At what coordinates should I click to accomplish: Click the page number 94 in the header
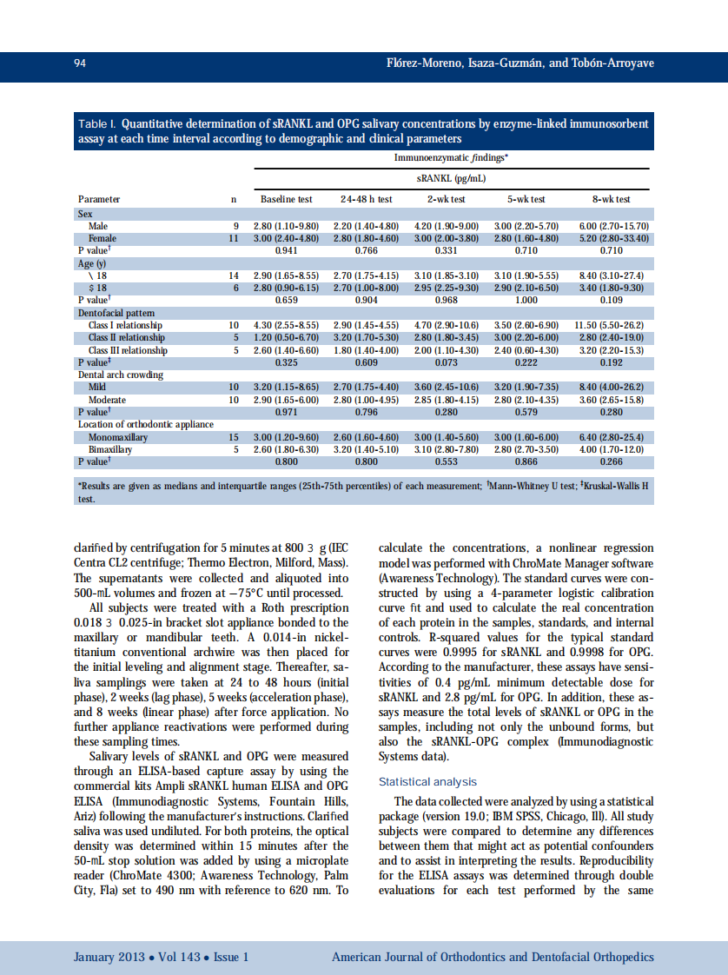coord(79,63)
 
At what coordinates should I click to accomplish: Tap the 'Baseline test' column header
coord(286,199)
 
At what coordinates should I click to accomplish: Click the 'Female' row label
coord(102,238)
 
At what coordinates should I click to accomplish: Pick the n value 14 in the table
coord(233,275)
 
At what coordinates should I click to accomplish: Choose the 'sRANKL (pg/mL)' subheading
coord(451,178)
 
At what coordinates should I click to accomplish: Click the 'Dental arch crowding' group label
coord(121,375)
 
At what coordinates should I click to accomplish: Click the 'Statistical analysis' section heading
coord(427,782)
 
